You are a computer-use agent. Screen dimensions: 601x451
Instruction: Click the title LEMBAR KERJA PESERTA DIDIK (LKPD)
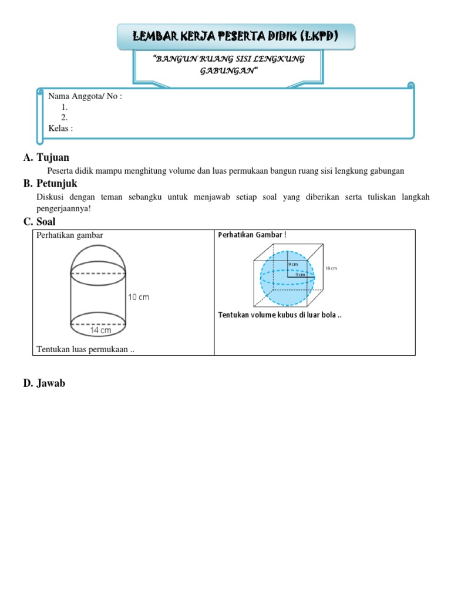coord(236,36)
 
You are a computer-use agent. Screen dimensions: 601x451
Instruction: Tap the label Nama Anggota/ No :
coord(85,97)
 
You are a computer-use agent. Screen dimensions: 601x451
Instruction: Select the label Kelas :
coord(60,129)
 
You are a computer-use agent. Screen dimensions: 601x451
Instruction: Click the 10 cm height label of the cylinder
coord(139,297)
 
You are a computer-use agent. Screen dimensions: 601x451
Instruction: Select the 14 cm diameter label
coord(101,330)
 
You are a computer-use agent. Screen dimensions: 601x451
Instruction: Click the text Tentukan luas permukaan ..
coord(86,350)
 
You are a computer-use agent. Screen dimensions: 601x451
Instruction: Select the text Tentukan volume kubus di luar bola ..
coord(280,315)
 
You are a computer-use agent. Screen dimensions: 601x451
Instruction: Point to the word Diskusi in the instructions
coord(49,197)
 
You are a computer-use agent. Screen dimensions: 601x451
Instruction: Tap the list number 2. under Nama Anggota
coord(65,118)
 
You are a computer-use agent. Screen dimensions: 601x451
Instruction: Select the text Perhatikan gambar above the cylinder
coord(70,236)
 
